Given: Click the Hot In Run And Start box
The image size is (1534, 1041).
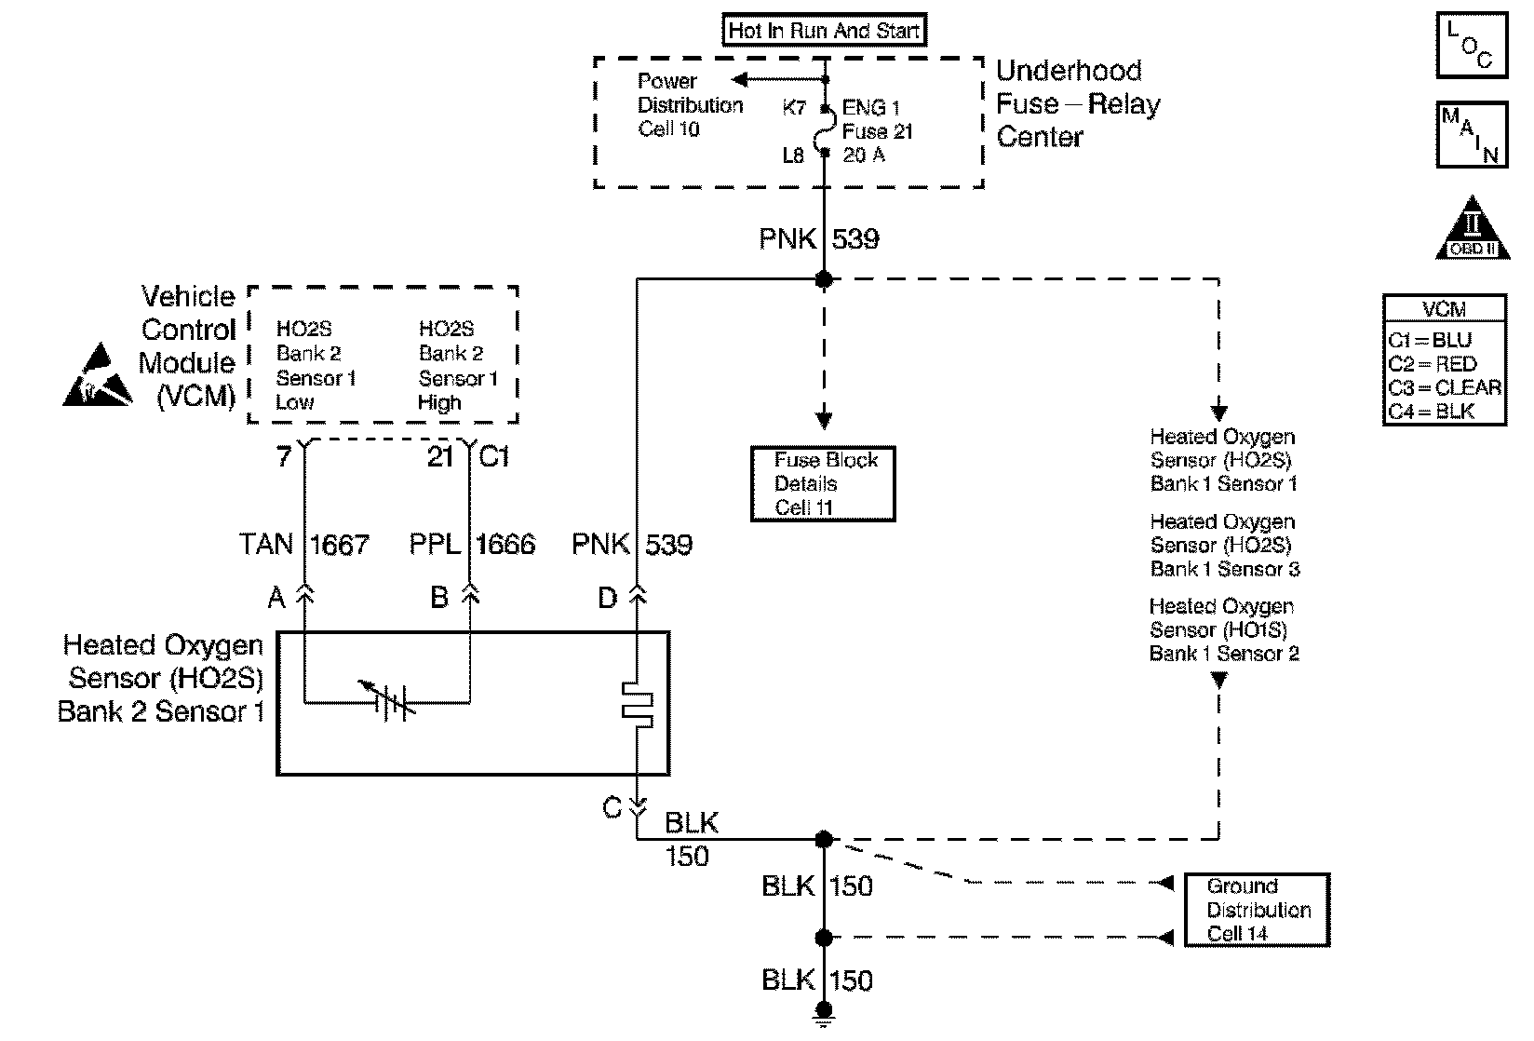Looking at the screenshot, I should click(824, 31).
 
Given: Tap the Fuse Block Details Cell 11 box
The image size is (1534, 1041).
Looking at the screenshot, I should click(823, 483).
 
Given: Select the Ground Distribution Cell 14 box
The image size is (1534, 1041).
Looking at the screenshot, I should click(1257, 910).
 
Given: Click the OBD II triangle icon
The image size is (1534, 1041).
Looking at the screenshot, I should click(1471, 228).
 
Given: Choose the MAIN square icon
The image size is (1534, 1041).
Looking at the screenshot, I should click(1472, 135).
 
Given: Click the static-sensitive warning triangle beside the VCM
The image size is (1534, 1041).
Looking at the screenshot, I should click(98, 377).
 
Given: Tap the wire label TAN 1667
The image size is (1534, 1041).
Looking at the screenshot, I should click(304, 545).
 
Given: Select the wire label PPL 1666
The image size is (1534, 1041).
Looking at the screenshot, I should click(472, 545).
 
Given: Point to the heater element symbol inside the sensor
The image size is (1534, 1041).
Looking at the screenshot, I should click(638, 704).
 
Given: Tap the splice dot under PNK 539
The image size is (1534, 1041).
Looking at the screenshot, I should click(824, 278).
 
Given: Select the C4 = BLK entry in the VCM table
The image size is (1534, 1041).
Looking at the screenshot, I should click(1431, 411).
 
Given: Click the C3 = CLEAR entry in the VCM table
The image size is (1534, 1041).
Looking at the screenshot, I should click(1444, 387).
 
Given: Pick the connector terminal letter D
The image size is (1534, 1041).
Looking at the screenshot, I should click(608, 599).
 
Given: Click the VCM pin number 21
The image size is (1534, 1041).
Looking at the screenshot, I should click(440, 457).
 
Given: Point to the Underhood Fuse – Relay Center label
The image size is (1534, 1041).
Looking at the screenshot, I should click(1078, 103).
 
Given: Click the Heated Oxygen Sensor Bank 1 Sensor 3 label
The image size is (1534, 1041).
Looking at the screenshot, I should click(1224, 546).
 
